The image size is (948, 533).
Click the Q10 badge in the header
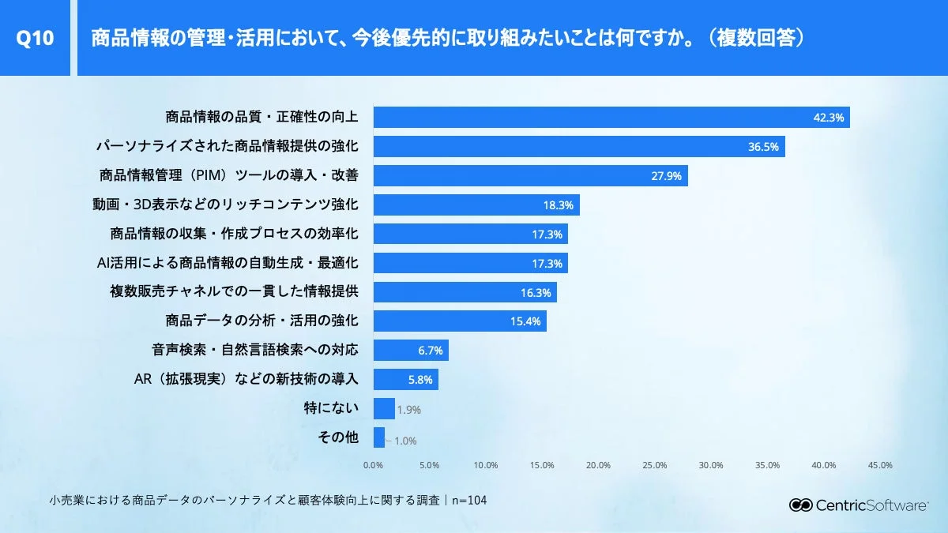click(x=35, y=38)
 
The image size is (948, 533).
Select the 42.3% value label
click(x=829, y=118)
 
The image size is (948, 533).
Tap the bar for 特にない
click(x=384, y=408)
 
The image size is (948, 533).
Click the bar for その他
click(x=378, y=437)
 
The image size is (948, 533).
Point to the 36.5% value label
click(x=764, y=147)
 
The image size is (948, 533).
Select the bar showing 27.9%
click(x=530, y=175)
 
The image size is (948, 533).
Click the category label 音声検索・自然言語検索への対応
click(x=254, y=350)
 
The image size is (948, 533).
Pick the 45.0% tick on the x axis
click(x=880, y=465)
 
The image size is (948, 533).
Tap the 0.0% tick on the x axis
click(x=373, y=465)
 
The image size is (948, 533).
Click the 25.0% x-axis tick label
click(x=655, y=465)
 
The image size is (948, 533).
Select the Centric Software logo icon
click(x=801, y=505)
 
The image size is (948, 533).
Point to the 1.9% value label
click(x=409, y=410)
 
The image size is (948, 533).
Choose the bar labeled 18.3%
click(x=476, y=205)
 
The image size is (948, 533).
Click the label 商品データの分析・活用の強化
click(x=261, y=321)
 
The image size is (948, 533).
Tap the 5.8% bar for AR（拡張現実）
click(x=405, y=379)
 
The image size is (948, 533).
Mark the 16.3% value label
click(x=536, y=292)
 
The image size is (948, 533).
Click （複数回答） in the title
click(x=757, y=38)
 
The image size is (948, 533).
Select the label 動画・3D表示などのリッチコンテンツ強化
click(x=225, y=205)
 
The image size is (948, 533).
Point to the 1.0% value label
click(x=404, y=441)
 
